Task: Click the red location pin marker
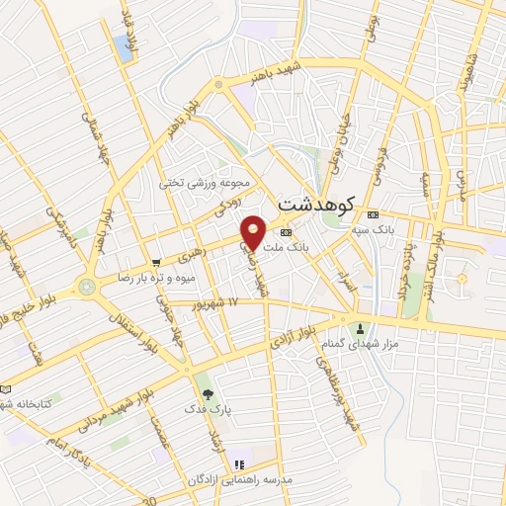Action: point(254,231)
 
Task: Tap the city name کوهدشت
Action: point(317,204)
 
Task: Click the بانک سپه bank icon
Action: point(372,215)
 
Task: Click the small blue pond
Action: point(123,43)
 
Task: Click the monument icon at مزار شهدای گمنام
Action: point(360,328)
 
